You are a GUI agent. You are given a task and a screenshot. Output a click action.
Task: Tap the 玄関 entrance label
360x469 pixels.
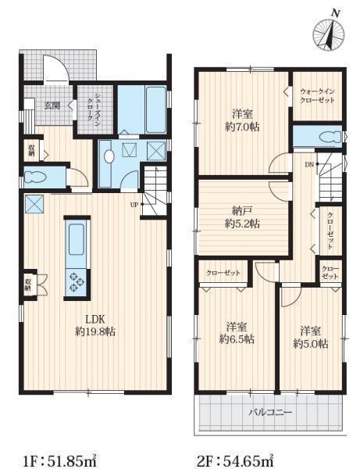pos(52,106)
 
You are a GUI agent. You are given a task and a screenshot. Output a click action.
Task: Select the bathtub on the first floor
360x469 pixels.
pos(156,109)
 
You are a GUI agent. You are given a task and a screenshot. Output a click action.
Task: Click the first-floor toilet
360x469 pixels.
pos(36,177)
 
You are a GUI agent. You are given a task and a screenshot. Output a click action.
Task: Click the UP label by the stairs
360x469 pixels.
pos(134,205)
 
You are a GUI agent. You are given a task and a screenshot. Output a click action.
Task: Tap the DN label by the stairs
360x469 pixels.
pos(309,164)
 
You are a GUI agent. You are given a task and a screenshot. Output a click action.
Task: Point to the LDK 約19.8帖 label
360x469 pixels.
pos(95,325)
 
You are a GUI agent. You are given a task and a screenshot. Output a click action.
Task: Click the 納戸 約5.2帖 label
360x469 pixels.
pos(242,217)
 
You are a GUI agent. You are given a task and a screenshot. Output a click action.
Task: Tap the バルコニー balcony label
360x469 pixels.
pos(270,413)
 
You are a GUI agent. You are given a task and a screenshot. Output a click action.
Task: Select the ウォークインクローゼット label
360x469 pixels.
pos(317,95)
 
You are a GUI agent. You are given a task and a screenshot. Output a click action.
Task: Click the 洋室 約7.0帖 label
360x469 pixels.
pos(242,120)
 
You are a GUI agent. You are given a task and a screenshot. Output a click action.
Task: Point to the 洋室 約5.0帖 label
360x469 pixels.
pos(311,338)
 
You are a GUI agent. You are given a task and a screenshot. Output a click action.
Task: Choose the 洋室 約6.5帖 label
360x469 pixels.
pos(237,333)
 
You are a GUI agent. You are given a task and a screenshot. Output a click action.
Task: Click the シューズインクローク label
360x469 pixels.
pos(94,109)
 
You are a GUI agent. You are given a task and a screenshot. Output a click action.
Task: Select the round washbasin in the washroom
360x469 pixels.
pos(109,156)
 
